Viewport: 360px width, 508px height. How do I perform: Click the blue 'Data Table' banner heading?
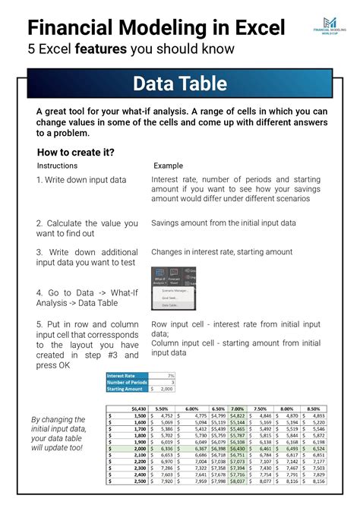179,83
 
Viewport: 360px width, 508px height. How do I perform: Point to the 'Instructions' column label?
57,166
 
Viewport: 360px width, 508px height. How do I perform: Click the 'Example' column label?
168,166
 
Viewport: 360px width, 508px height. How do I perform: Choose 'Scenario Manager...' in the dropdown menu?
174,290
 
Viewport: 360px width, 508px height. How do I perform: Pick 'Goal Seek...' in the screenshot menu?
169,298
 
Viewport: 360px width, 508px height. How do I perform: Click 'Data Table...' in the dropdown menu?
169,305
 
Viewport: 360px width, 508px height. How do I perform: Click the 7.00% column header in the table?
237,409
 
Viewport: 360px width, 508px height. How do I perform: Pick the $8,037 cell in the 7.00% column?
237,481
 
